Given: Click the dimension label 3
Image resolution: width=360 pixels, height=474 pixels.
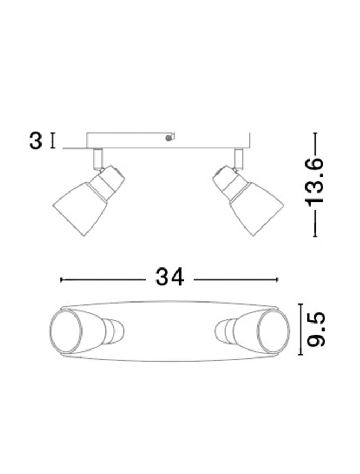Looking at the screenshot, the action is pos(36,141).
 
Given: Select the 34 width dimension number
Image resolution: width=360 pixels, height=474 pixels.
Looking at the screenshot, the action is pos(169,277).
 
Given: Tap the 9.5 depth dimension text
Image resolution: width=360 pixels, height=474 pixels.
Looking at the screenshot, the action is pos(316,329).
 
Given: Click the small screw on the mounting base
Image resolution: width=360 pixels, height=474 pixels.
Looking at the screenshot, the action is pos(168,138).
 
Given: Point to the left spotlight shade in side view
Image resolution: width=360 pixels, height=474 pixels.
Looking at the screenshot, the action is pos(80,209).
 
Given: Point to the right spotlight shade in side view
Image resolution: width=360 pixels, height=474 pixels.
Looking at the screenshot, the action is pos(256,209).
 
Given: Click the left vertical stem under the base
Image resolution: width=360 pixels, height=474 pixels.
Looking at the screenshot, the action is pos(98,158).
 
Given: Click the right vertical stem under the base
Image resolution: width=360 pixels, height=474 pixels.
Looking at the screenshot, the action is pos(239,158).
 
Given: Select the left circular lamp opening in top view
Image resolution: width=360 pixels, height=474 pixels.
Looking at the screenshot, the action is pos(66,331).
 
